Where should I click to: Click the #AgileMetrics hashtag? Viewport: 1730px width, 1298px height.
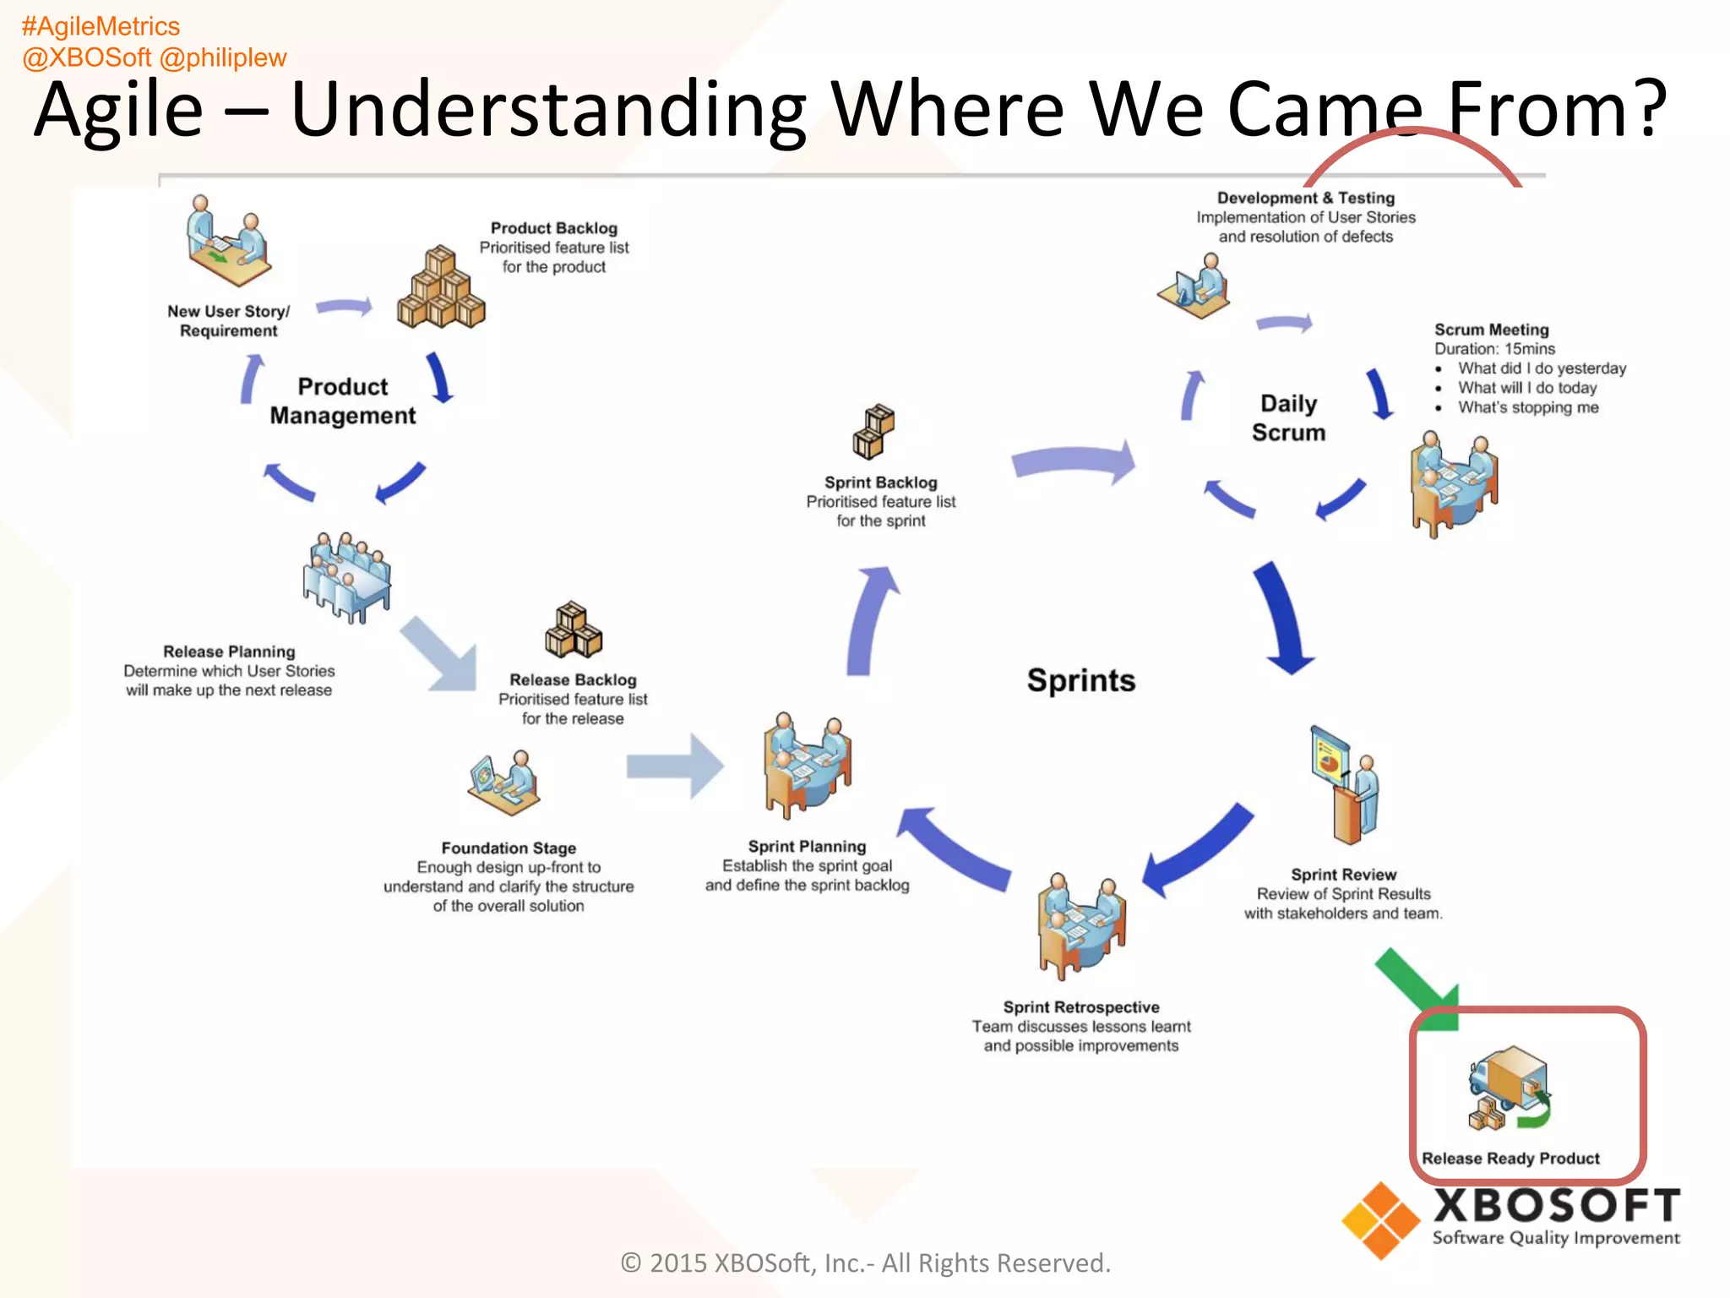101,27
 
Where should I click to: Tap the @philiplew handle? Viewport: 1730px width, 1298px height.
223,57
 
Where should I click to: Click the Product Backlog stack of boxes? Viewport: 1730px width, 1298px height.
441,288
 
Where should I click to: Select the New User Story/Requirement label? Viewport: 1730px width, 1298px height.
228,321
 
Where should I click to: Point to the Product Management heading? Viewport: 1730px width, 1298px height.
342,401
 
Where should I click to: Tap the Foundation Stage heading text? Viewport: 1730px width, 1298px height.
509,848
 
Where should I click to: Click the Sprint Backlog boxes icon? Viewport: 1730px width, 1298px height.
873,431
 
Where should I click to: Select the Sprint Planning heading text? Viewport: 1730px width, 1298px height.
807,846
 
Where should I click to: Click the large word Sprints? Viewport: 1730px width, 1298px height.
1080,680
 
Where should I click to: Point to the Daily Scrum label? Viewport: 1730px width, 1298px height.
1288,417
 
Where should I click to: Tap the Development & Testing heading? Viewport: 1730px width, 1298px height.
1305,198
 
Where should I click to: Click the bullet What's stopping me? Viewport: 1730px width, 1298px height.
1527,407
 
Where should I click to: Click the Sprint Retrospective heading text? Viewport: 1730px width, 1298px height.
1080,1006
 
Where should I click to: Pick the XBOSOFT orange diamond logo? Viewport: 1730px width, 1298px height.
1380,1220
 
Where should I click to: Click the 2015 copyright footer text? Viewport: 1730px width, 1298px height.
865,1263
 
